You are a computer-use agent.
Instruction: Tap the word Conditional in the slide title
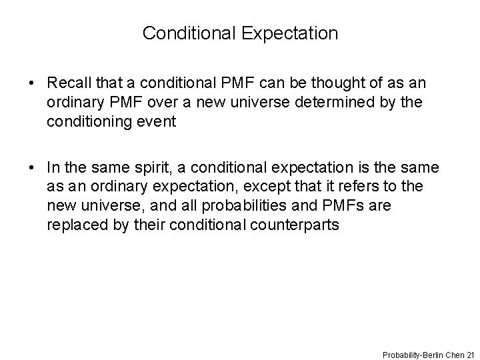coord(186,33)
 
